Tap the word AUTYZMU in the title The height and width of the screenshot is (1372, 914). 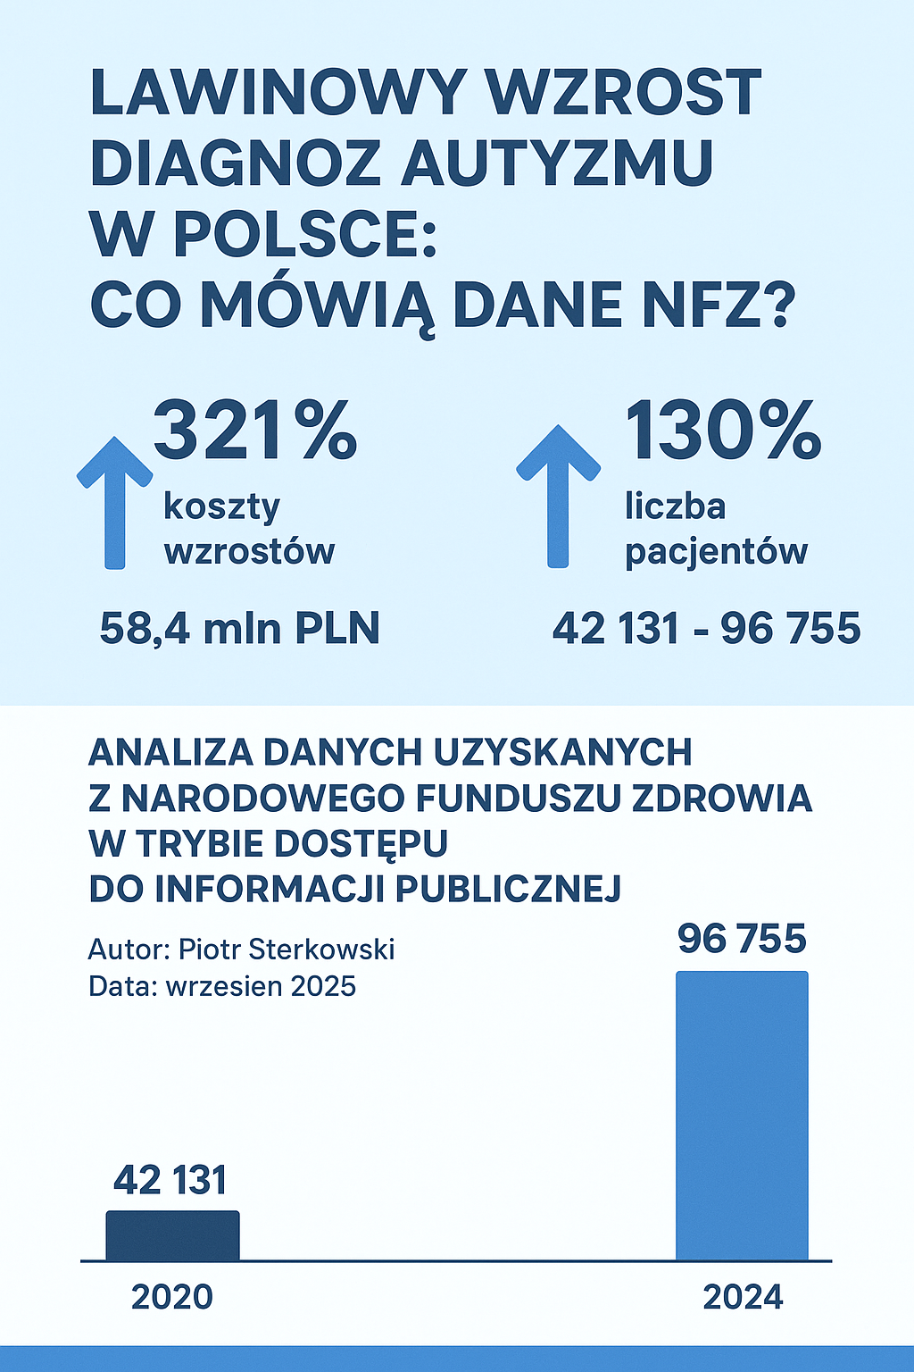[x=557, y=163]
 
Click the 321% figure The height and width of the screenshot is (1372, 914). [x=256, y=431]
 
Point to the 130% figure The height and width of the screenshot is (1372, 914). [x=722, y=431]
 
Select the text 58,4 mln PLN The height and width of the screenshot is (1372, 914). [x=239, y=628]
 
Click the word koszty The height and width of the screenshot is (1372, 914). [x=221, y=507]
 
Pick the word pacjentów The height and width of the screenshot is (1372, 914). [x=716, y=552]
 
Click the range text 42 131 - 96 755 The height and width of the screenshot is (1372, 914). [x=706, y=628]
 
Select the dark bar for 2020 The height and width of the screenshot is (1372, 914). [x=172, y=1235]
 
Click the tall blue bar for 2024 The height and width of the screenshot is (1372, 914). [x=742, y=1117]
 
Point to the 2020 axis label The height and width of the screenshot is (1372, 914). [x=172, y=1297]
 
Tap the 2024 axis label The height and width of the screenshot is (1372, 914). [x=743, y=1297]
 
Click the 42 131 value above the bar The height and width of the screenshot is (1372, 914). [x=170, y=1181]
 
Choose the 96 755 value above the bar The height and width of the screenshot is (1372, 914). [x=742, y=939]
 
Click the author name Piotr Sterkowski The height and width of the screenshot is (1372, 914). [x=287, y=949]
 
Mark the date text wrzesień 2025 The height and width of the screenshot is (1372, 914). [x=261, y=986]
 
